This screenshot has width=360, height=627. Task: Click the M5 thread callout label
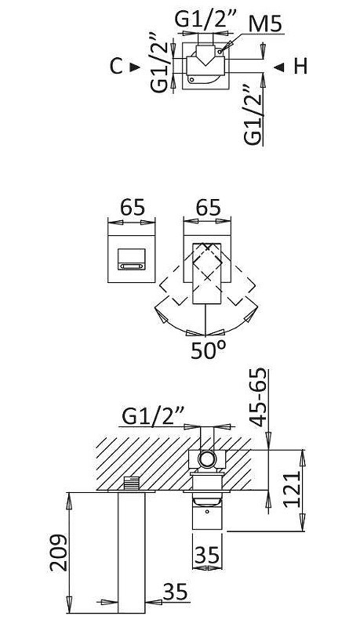266,24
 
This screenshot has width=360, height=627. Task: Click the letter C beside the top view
116,67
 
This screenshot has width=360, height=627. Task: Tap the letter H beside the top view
300,67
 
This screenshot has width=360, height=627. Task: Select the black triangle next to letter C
135,67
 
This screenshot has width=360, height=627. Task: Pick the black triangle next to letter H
278,67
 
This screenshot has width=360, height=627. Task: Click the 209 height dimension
58,552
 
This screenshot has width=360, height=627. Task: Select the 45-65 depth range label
259,397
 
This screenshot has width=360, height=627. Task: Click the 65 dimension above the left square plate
133,208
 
